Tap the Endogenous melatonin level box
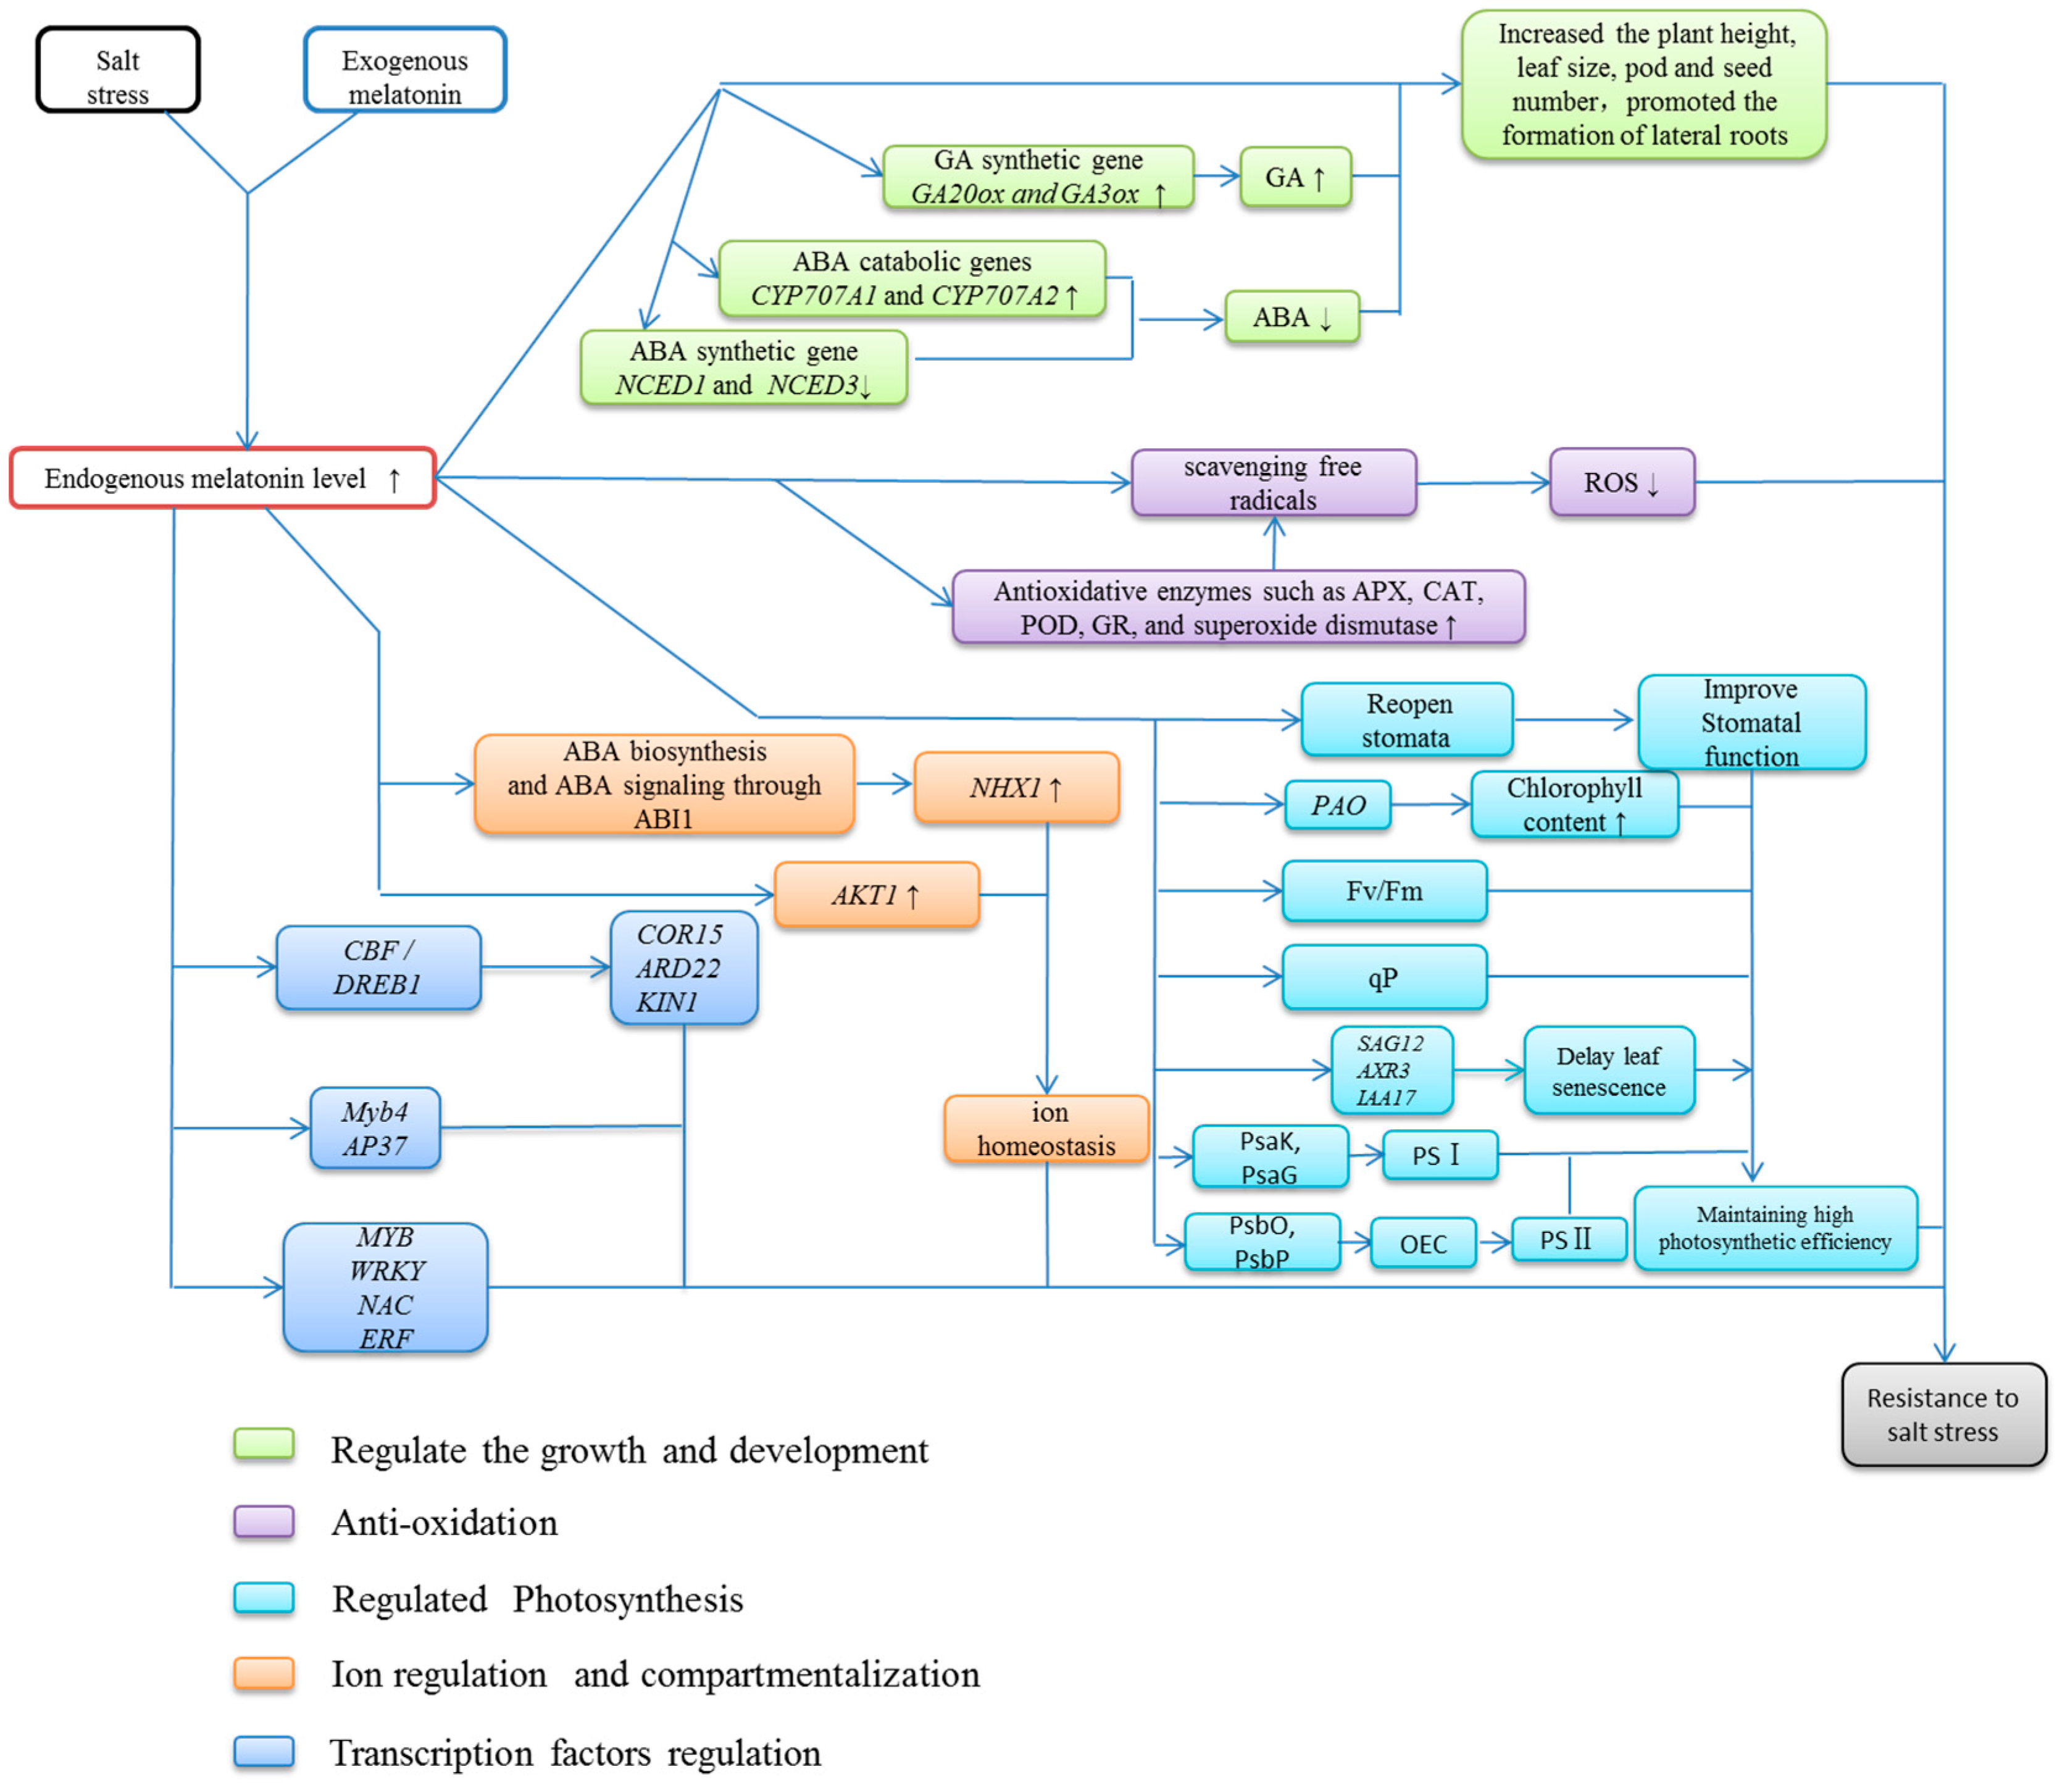(x=222, y=478)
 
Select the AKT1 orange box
(x=877, y=895)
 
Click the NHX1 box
(x=1016, y=787)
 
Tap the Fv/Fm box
(x=1385, y=890)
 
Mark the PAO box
(x=1338, y=805)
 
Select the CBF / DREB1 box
(x=378, y=967)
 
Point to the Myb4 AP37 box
(x=375, y=1127)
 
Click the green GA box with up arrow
(x=1295, y=177)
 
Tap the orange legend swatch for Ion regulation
(x=264, y=1673)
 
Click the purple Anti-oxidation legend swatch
(x=264, y=1522)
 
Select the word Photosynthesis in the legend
(x=628, y=1600)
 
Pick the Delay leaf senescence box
(x=1609, y=1070)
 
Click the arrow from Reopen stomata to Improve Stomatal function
(x=1574, y=719)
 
